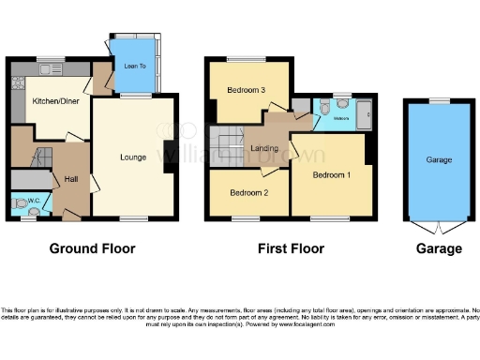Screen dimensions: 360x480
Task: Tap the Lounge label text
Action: pyautogui.click(x=133, y=157)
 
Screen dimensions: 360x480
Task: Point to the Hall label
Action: pyautogui.click(x=70, y=179)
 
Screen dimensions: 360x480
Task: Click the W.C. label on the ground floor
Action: pyautogui.click(x=33, y=199)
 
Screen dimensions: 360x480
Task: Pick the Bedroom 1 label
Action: pyautogui.click(x=331, y=175)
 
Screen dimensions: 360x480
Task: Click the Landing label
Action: pyautogui.click(x=263, y=148)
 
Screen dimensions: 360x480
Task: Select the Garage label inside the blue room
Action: pyautogui.click(x=439, y=160)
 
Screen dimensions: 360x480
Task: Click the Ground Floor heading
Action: pyautogui.click(x=93, y=249)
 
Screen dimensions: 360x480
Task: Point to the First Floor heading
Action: pyautogui.click(x=292, y=249)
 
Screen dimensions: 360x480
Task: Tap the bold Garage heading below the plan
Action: pyautogui.click(x=439, y=249)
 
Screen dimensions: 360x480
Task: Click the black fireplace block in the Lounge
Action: pyautogui.click(x=168, y=149)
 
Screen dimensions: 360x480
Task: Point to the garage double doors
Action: pyautogui.click(x=438, y=229)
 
